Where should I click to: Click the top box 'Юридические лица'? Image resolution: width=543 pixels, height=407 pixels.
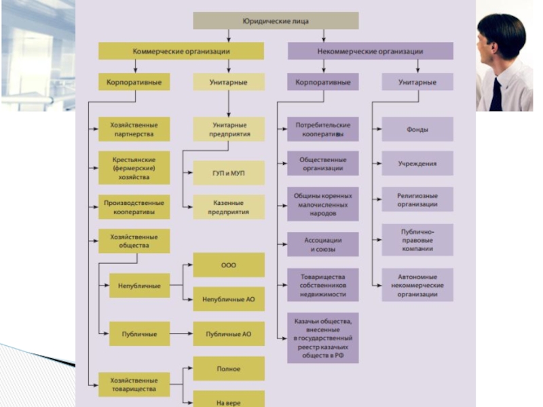(x=276, y=21)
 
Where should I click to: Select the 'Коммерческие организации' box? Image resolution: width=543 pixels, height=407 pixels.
(x=181, y=51)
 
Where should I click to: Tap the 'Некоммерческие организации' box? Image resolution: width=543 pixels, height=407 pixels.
(x=370, y=51)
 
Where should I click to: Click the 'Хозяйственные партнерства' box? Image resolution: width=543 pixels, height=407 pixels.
(x=134, y=129)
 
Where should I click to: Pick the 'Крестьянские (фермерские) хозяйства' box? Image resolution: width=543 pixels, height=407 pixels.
(x=134, y=168)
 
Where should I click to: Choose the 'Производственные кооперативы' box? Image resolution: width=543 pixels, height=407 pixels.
(x=134, y=207)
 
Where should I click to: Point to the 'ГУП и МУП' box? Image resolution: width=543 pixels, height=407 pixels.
(x=229, y=174)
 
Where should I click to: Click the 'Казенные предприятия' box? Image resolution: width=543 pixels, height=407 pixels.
(x=229, y=207)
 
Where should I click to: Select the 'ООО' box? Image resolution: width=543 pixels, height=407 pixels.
(x=229, y=265)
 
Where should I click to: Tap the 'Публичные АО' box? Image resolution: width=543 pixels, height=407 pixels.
(x=229, y=334)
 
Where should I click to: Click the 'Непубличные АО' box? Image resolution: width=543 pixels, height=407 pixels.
(x=229, y=298)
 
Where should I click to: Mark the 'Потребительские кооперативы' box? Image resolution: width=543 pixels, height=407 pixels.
(x=322, y=129)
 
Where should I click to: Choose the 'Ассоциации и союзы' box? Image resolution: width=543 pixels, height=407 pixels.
(x=322, y=244)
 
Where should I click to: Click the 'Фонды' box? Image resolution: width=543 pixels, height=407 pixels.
(x=417, y=129)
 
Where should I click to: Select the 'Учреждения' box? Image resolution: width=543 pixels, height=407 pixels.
(x=417, y=163)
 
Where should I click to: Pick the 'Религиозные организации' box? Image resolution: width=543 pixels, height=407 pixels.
(x=417, y=200)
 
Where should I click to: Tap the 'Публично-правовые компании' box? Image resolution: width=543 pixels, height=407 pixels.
(x=417, y=239)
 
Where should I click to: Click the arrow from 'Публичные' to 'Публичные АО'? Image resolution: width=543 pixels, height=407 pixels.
(x=181, y=334)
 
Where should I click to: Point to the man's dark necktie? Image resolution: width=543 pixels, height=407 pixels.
(x=496, y=95)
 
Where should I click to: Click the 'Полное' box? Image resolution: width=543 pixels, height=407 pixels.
(x=229, y=368)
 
